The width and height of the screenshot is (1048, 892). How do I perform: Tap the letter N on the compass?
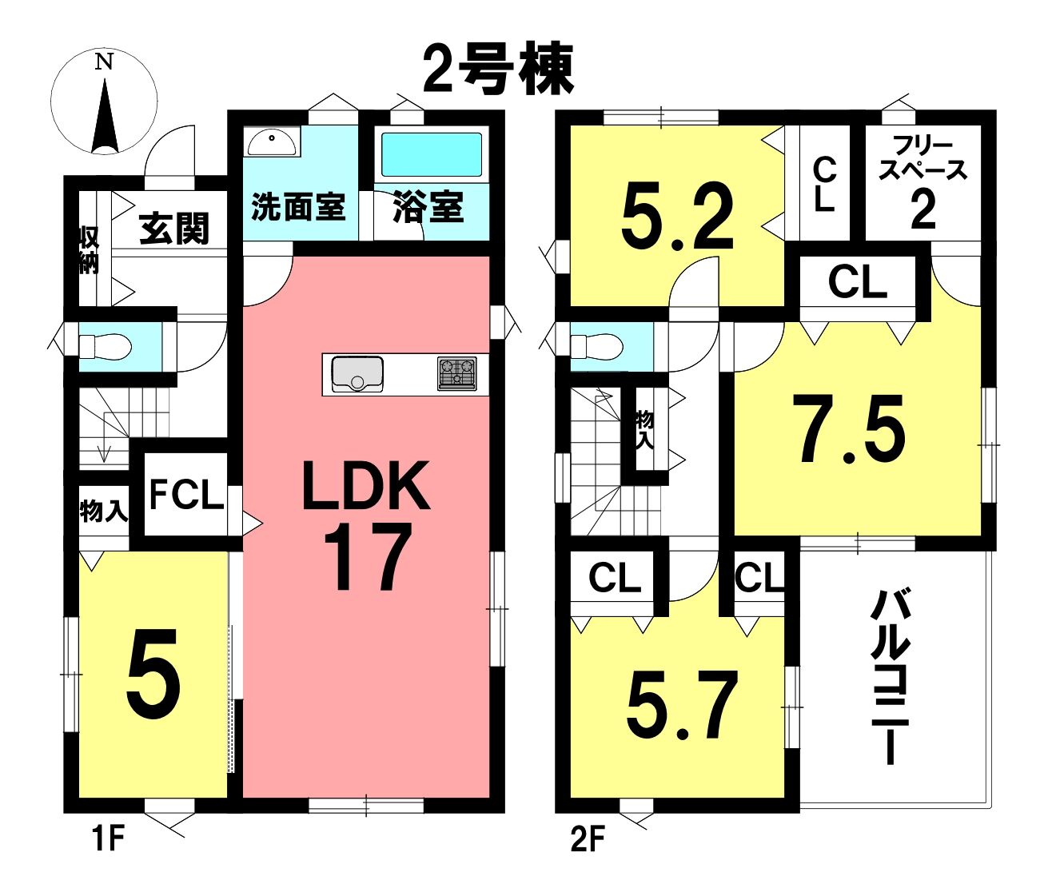(105, 62)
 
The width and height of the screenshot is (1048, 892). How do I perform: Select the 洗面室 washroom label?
(299, 207)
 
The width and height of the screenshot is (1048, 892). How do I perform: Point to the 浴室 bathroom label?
(429, 206)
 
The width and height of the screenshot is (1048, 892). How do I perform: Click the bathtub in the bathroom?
(431, 154)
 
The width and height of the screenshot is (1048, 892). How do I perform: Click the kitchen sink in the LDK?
(357, 374)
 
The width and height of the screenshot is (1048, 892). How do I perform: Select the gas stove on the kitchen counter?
(456, 373)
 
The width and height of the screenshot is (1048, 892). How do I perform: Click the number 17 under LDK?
(367, 558)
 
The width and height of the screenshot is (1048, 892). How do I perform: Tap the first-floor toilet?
(106, 347)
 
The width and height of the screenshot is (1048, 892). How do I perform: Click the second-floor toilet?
(597, 347)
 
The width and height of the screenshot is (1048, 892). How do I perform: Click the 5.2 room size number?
(678, 217)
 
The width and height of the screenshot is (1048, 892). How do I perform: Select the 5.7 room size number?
(682, 704)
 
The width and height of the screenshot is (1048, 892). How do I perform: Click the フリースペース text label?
(922, 158)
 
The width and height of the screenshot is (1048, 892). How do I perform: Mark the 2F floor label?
(587, 838)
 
